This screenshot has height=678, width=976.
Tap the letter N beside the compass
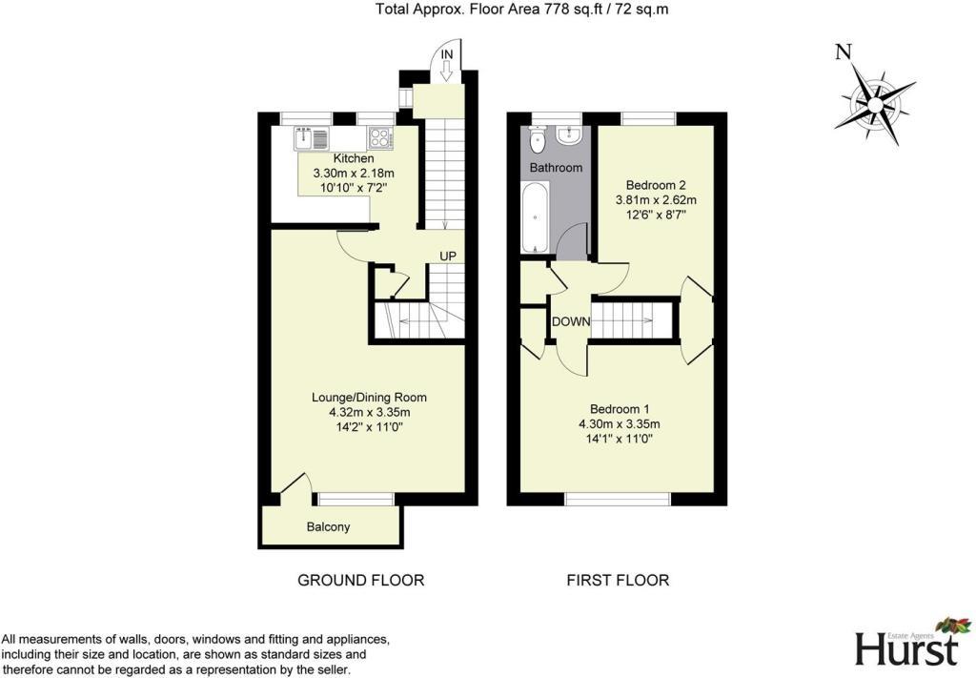pyautogui.click(x=843, y=52)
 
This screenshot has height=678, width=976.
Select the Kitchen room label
pyautogui.click(x=353, y=158)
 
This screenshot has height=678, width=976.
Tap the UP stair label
pyautogui.click(x=449, y=256)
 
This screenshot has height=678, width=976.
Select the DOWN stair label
pyautogui.click(x=571, y=321)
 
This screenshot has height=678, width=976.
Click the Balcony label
pyautogui.click(x=328, y=526)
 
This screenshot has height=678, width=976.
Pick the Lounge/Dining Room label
pyautogui.click(x=369, y=398)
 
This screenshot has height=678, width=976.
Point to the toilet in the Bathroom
pyautogui.click(x=539, y=141)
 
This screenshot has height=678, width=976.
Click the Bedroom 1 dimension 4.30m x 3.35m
pyautogui.click(x=620, y=424)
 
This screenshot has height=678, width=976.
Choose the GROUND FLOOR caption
pyautogui.click(x=360, y=580)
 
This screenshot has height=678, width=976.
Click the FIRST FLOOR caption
pyautogui.click(x=618, y=580)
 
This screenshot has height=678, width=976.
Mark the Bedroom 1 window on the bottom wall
pyautogui.click(x=617, y=499)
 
